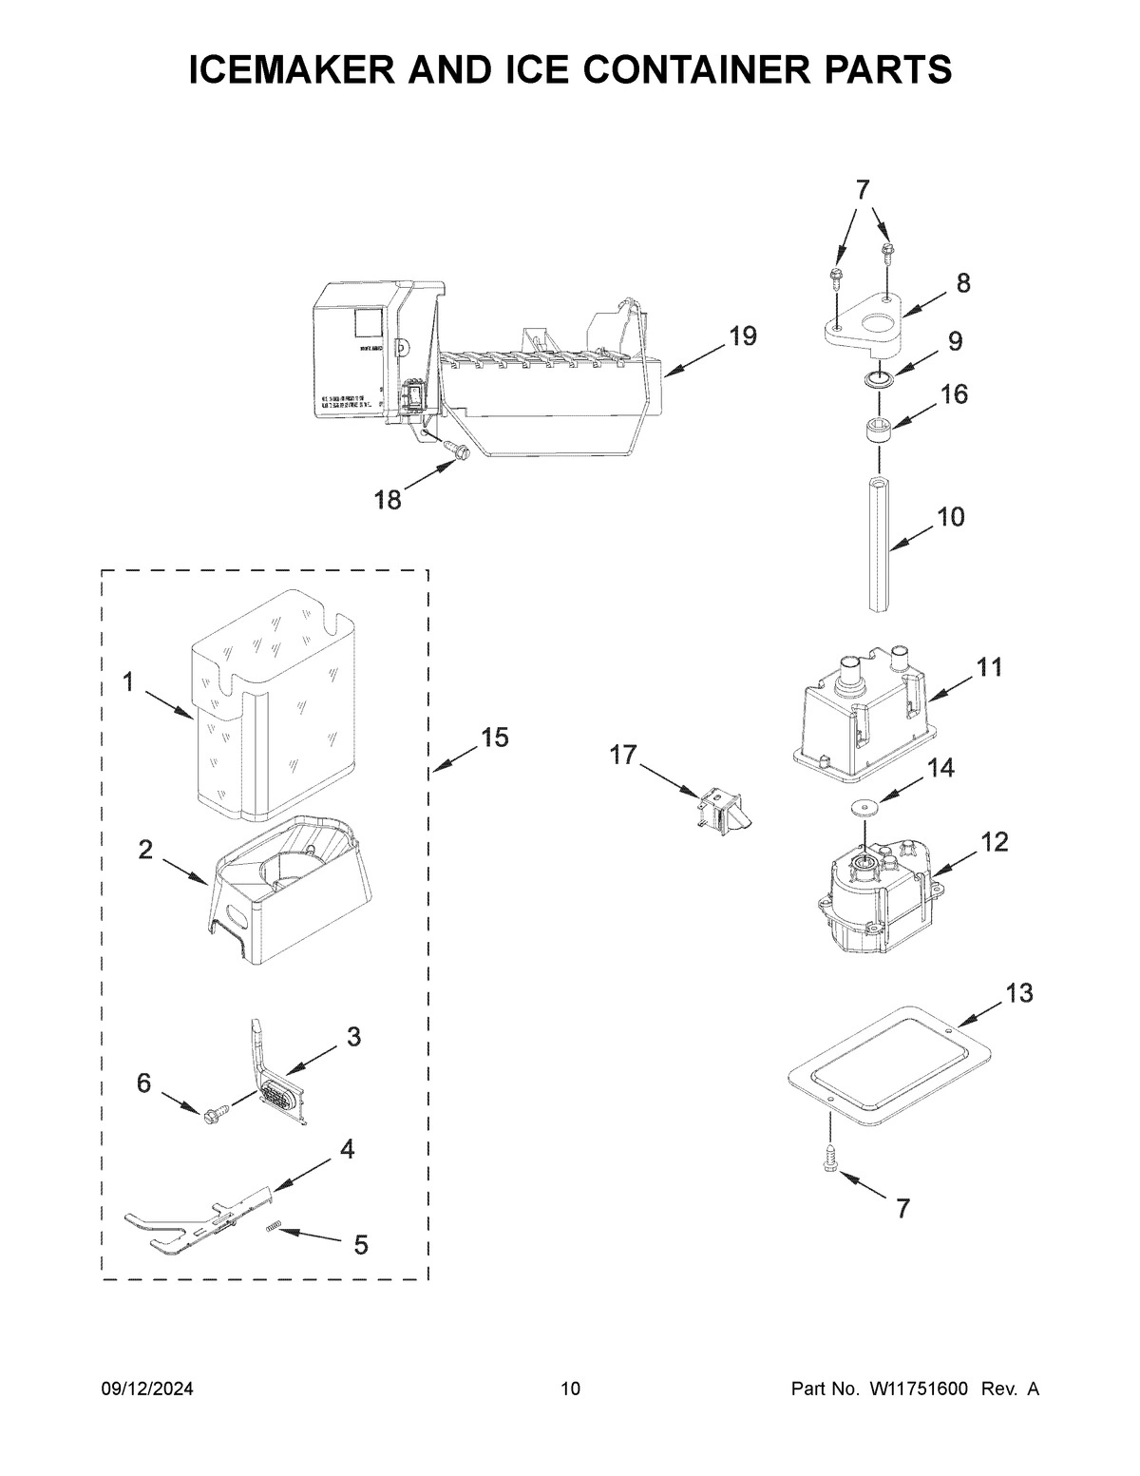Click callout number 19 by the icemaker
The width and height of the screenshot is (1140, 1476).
[743, 335]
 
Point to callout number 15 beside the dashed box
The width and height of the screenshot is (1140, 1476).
[494, 737]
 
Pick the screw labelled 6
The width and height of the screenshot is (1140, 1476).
[217, 1110]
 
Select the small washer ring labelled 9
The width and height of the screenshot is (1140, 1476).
[879, 380]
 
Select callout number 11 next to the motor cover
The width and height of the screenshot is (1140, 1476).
[990, 667]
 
